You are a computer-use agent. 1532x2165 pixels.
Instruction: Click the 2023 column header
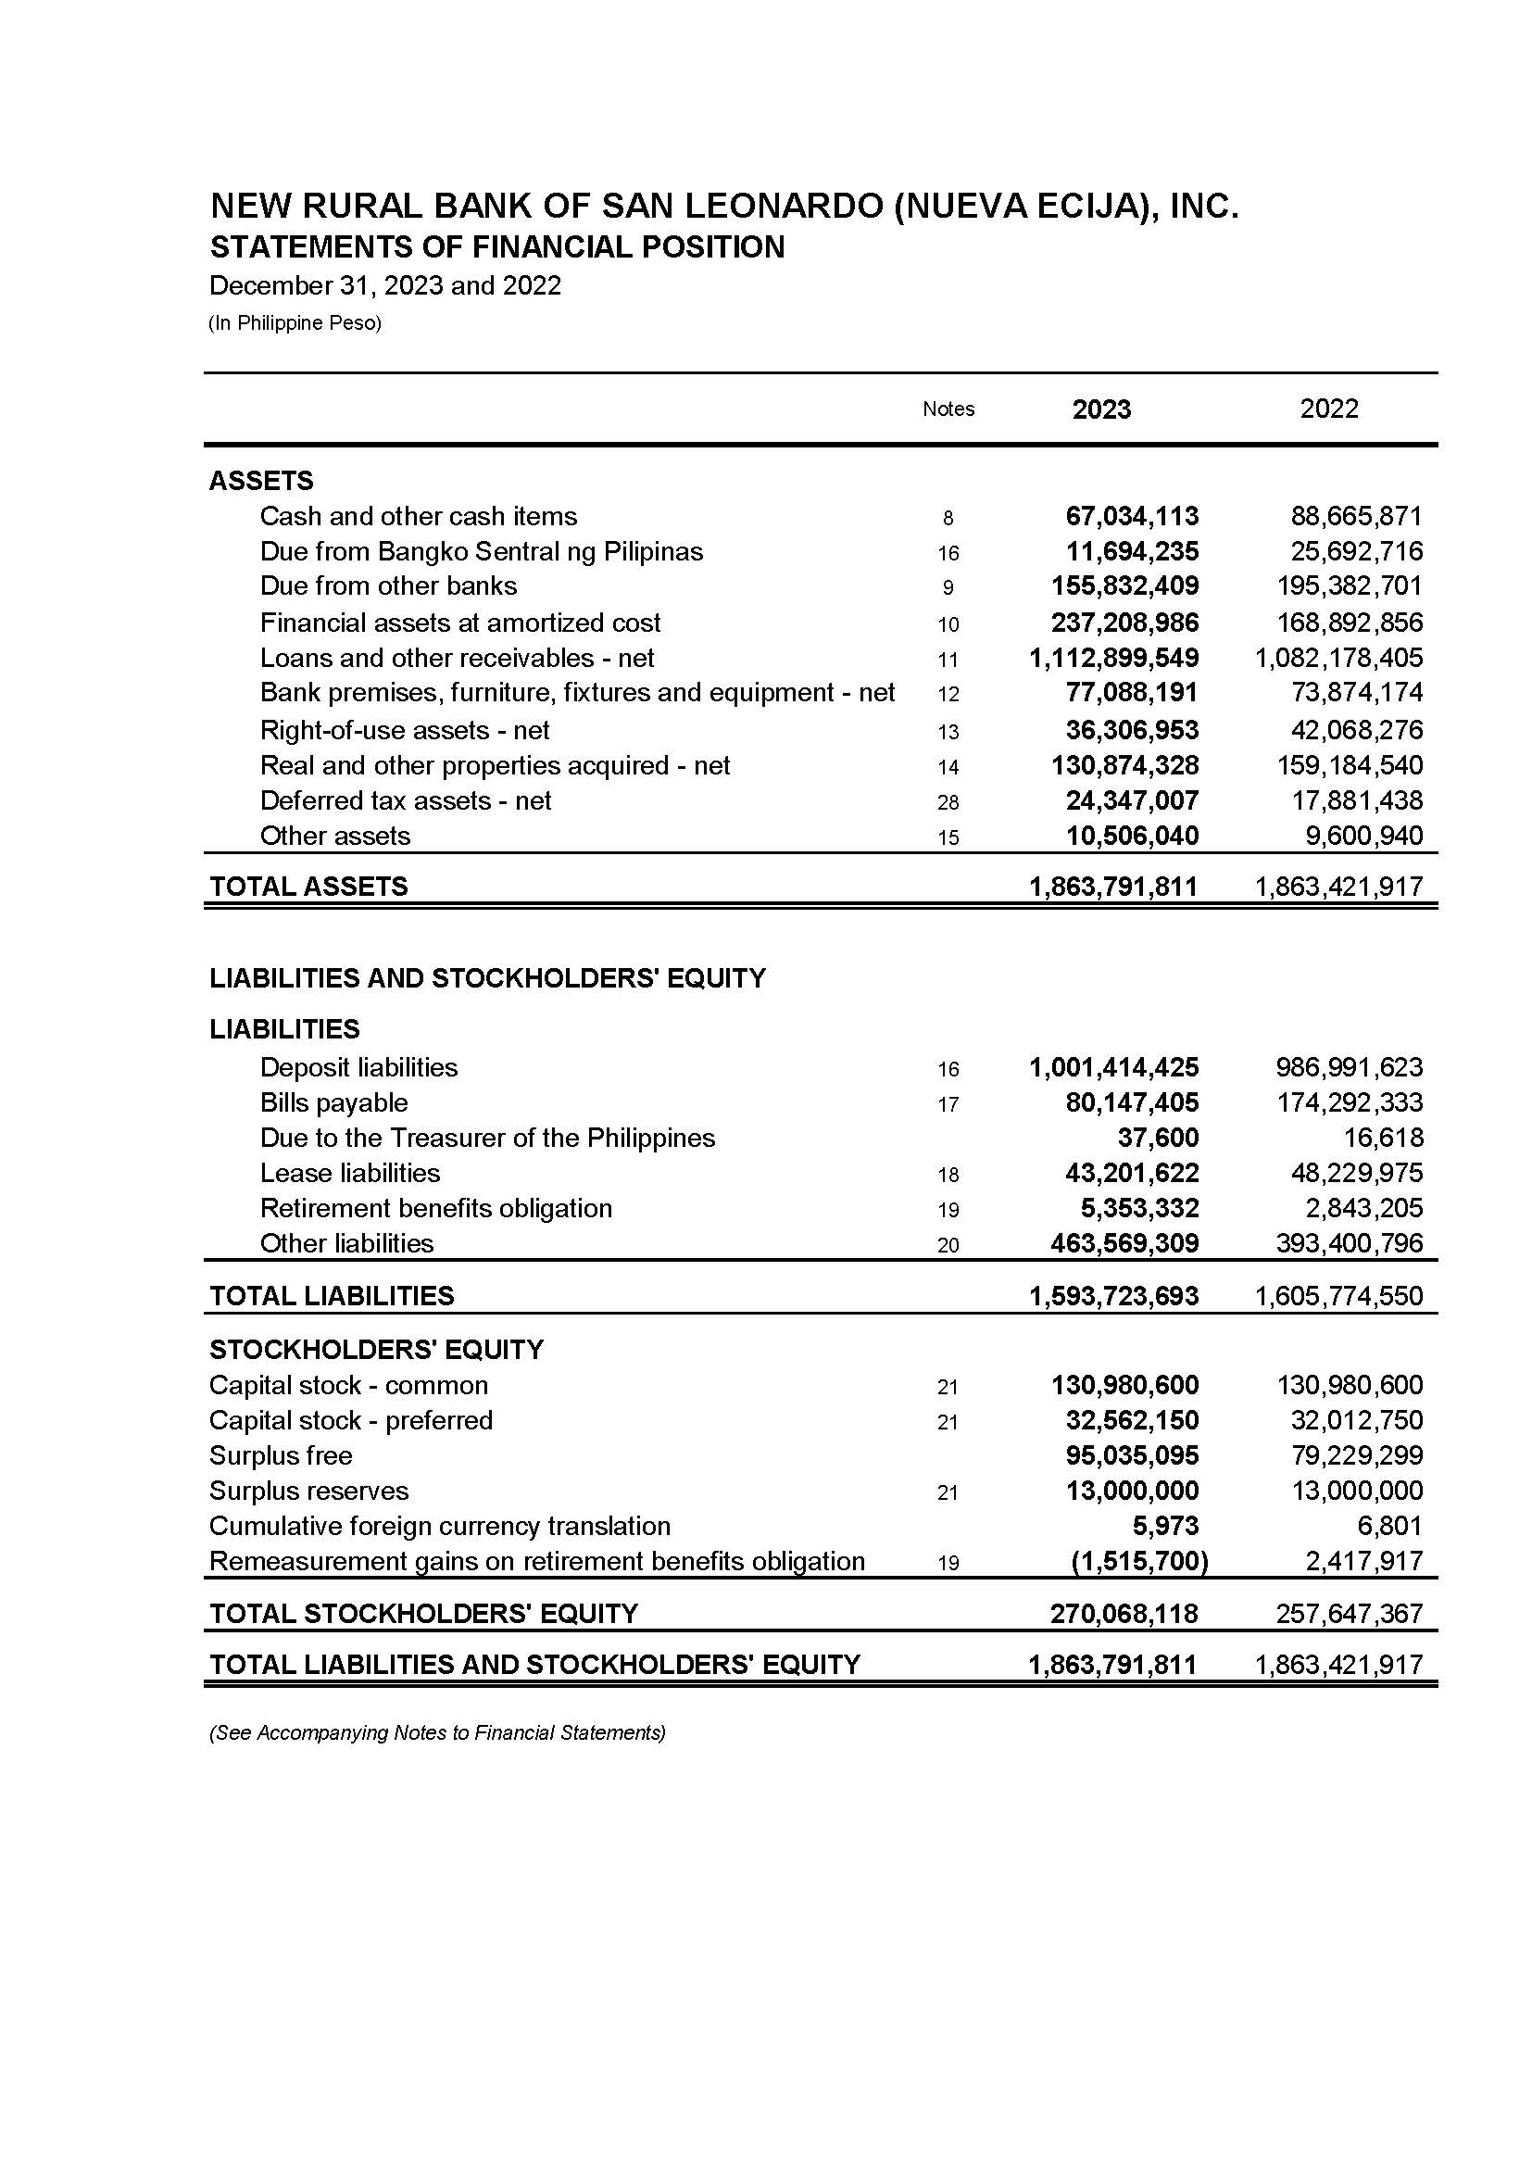(1101, 409)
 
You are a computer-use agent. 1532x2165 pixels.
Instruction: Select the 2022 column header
(1328, 409)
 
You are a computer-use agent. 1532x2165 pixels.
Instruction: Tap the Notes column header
(948, 409)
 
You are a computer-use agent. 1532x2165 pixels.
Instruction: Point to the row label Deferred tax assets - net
(405, 801)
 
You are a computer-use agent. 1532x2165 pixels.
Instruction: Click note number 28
(948, 803)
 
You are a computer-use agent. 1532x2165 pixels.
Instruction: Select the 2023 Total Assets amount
(1113, 887)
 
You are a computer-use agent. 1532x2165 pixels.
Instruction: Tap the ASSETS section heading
(261, 481)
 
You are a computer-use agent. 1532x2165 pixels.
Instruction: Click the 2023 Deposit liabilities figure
(1113, 1068)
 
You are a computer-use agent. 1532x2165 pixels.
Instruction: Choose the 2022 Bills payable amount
(1349, 1102)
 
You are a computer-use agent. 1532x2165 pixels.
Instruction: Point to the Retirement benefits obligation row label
(436, 1208)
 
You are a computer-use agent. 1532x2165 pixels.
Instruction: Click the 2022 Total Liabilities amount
(1337, 1296)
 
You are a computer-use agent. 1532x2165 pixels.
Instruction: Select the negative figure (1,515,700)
(1139, 1561)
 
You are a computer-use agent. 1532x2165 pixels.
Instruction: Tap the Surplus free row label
(280, 1455)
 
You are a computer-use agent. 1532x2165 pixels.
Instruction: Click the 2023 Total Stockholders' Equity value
(1124, 1614)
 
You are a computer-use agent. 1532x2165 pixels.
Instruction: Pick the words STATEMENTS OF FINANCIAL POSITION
(497, 247)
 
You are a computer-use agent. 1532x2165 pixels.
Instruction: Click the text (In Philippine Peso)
(295, 323)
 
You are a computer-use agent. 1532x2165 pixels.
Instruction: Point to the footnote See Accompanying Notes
(437, 1733)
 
